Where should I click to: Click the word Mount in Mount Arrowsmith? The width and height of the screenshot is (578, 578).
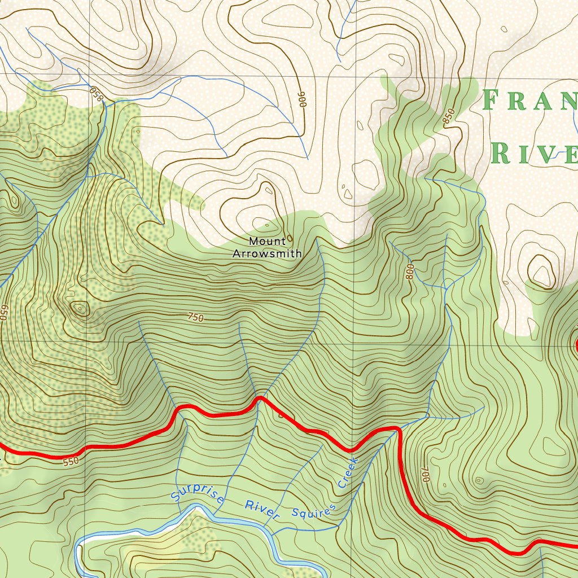coord(268,242)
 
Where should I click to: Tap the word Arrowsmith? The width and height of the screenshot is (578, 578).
coord(267,254)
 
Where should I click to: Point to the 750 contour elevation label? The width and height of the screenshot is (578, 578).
coord(195,318)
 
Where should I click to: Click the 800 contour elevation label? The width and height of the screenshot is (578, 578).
coord(410,272)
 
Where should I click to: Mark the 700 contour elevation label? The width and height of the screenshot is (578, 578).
coord(425,475)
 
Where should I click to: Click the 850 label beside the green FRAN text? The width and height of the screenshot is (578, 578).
coord(448,116)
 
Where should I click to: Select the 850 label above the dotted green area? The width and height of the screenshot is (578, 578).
coord(97,94)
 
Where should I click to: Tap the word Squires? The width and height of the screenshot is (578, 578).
coord(314,510)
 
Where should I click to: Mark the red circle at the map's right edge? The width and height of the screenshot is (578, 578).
coord(576,345)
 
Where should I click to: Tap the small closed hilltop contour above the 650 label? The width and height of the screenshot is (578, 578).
coord(78,308)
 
